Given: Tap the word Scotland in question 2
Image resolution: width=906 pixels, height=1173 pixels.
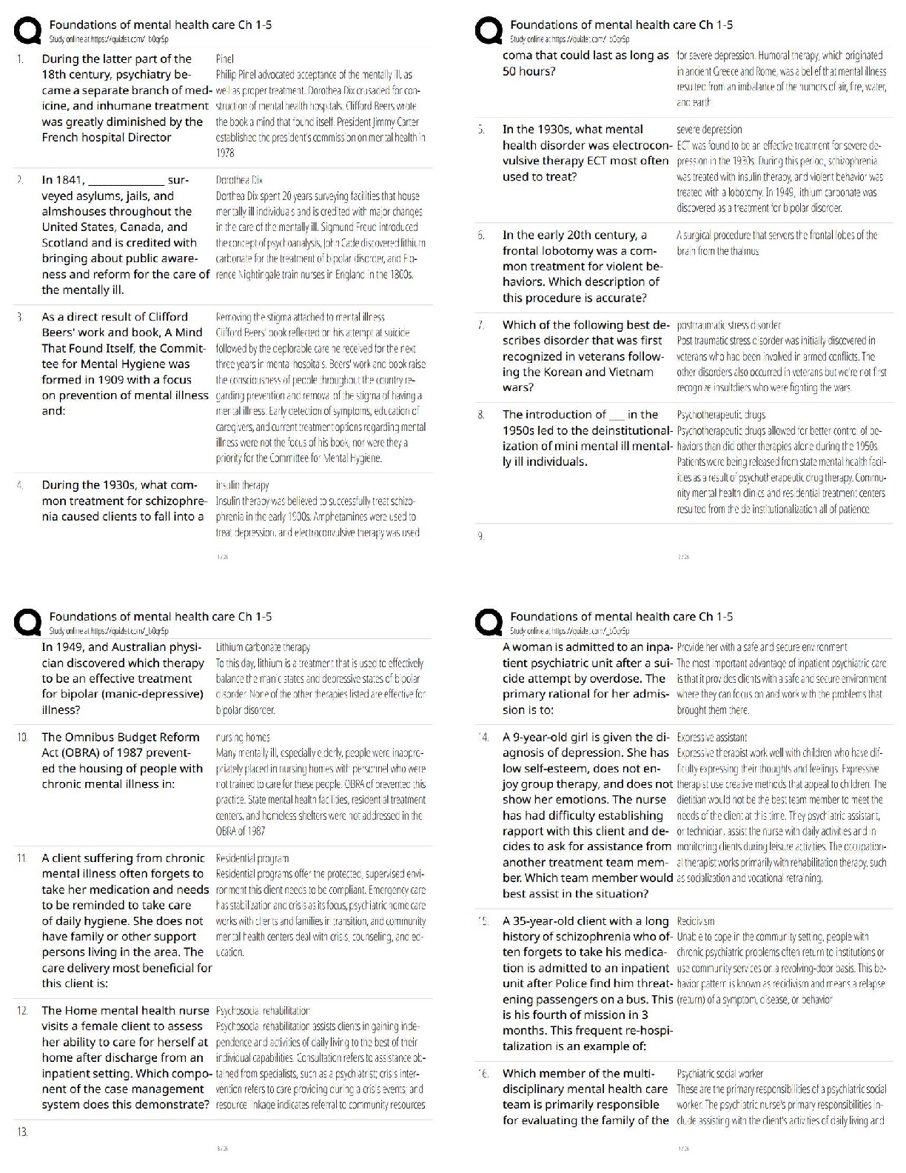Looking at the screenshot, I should pos(67,243).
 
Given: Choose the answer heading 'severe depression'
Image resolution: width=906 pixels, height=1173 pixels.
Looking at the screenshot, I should pos(709,130).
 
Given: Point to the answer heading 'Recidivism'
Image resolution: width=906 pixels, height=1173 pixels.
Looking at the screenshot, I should pos(696,921).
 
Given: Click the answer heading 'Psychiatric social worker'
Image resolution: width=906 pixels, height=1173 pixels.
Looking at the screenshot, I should pos(719,1073).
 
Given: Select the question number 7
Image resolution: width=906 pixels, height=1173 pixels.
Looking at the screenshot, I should pos(481,325).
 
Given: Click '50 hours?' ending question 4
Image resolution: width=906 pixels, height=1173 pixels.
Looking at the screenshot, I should pos(528,71).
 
